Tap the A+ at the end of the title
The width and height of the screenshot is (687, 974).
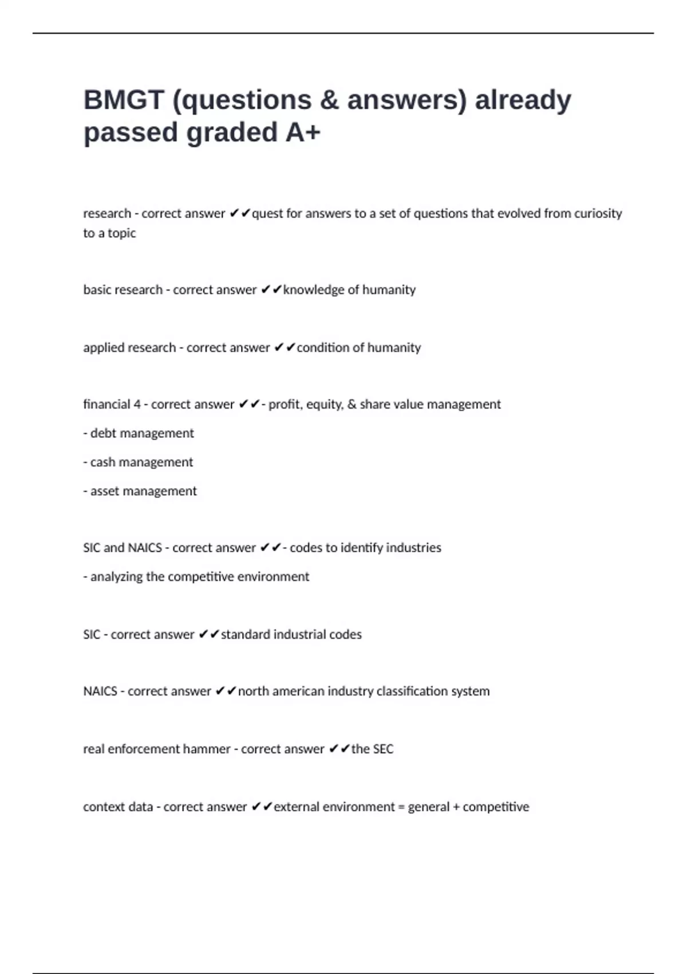[x=303, y=132]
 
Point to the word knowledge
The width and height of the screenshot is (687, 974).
[x=313, y=290]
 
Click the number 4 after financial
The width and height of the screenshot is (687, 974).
[x=137, y=404]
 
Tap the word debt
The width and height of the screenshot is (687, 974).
[x=103, y=433]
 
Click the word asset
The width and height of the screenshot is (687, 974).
[x=105, y=491]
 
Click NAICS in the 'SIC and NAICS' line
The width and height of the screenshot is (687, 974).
[x=145, y=548]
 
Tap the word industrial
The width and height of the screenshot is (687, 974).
[x=301, y=635]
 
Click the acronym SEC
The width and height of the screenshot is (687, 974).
[x=383, y=749]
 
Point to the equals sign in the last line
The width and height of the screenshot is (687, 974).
[x=401, y=807]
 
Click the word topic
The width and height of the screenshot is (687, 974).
[x=122, y=234]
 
